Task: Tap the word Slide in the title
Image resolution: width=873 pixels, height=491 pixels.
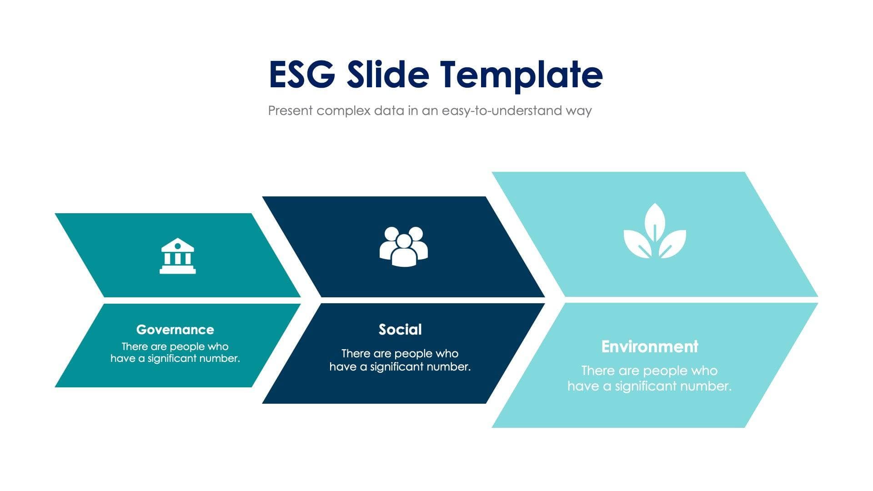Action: coord(388,74)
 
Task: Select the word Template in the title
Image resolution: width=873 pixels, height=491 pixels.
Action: coord(521,75)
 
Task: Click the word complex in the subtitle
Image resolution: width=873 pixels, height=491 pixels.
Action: coord(343,110)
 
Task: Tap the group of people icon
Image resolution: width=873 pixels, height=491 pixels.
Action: coord(403,246)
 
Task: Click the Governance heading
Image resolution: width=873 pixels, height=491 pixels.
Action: coord(175,330)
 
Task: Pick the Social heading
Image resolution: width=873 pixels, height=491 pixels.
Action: coord(400,330)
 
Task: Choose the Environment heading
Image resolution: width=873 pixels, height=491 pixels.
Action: coord(649,347)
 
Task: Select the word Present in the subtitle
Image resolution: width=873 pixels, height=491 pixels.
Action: coord(290,110)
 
